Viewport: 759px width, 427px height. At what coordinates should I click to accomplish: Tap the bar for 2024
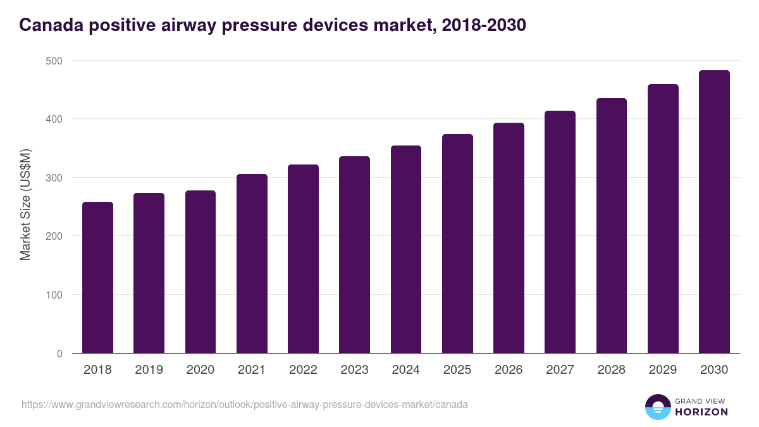coord(406,249)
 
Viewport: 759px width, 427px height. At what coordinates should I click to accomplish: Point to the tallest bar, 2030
coord(714,211)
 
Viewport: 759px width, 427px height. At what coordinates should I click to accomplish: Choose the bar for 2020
coord(201,271)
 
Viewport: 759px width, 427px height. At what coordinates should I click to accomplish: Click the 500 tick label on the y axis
coord(54,61)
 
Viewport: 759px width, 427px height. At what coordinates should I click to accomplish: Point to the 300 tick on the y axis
coord(54,178)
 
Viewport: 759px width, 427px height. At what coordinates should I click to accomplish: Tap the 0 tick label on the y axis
coord(59,354)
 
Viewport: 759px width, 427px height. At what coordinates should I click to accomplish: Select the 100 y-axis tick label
coord(54,295)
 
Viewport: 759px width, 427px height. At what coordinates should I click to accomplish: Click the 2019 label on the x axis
coord(149,370)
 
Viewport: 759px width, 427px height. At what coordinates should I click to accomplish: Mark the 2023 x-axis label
coord(354,370)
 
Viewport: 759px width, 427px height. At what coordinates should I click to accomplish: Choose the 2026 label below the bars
coord(509,370)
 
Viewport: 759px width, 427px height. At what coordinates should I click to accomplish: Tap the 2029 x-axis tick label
coord(663,370)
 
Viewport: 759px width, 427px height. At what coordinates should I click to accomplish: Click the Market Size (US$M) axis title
coord(25,204)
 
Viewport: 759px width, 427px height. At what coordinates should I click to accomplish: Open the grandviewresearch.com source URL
coord(245,404)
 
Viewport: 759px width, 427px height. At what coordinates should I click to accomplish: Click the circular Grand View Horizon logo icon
coord(658,407)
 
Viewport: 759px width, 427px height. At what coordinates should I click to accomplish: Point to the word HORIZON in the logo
coord(701,412)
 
